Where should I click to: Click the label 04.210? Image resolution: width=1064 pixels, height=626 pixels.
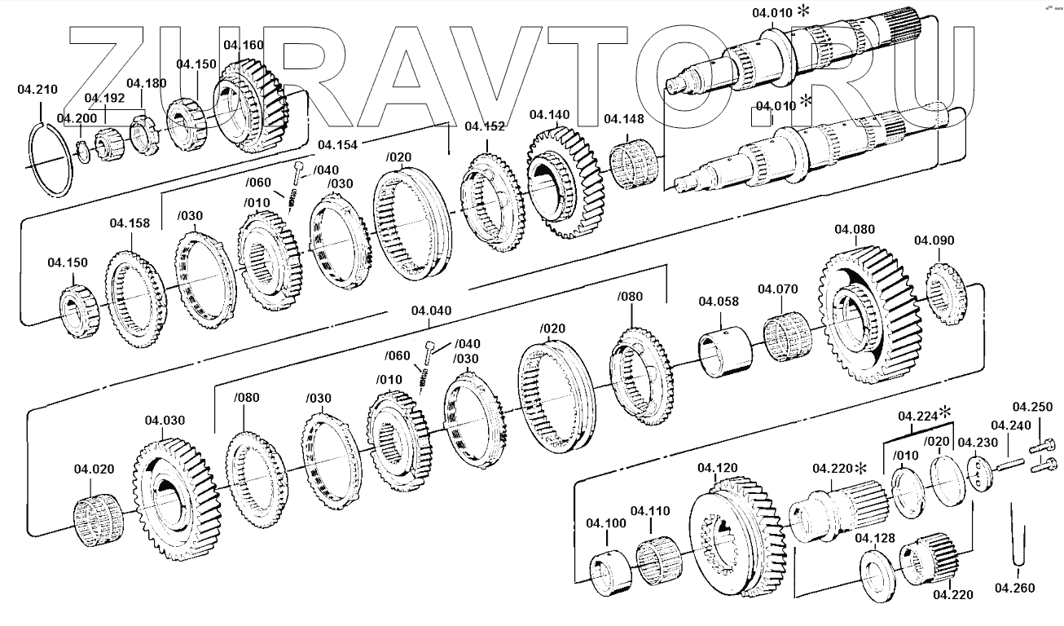(37, 90)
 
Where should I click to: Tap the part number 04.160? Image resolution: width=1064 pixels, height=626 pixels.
(243, 46)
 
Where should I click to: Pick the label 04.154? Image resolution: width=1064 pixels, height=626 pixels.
(337, 145)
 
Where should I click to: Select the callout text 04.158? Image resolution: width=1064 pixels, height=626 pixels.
(130, 223)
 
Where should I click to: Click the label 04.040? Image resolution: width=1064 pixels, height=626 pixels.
(431, 311)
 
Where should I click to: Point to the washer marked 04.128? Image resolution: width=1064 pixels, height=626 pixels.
(878, 576)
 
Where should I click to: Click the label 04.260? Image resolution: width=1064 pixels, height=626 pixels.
(1014, 587)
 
